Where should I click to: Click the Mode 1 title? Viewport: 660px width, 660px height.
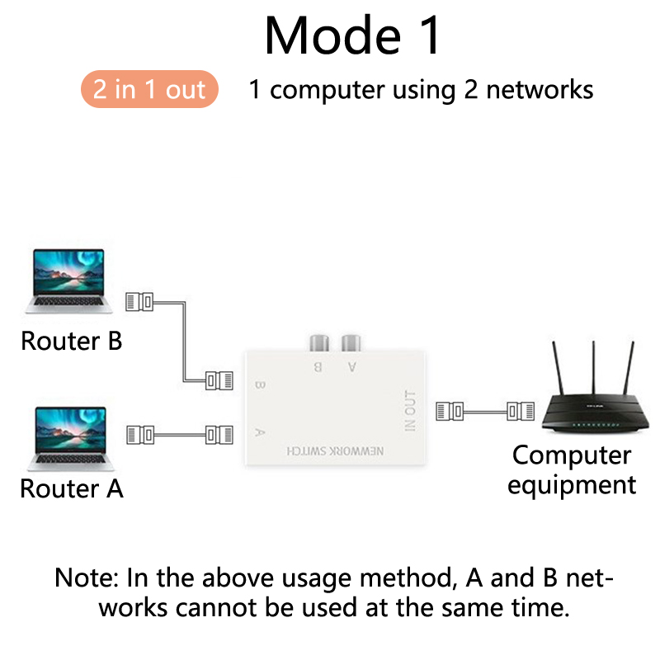(x=353, y=35)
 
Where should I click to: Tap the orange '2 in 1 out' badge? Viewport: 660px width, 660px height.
(x=149, y=89)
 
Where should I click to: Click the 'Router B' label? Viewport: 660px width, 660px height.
(x=71, y=340)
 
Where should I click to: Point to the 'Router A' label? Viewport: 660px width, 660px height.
(x=71, y=488)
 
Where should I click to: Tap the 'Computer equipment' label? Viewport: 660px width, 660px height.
(x=572, y=469)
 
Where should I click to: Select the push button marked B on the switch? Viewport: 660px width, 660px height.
(x=318, y=342)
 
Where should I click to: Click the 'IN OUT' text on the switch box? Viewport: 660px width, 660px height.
(x=410, y=410)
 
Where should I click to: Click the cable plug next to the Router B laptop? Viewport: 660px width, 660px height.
(x=139, y=302)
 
